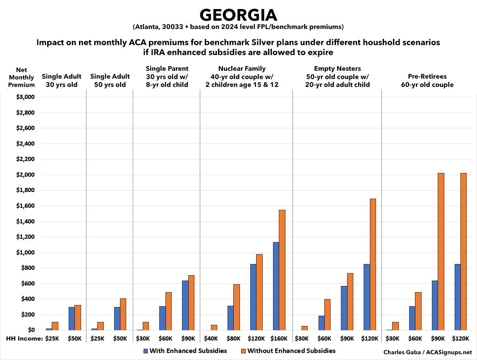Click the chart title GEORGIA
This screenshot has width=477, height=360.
(x=238, y=15)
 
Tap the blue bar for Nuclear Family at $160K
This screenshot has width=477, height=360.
(x=276, y=286)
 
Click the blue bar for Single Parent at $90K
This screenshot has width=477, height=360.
(x=185, y=305)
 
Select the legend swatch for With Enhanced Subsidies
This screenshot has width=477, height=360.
(x=145, y=351)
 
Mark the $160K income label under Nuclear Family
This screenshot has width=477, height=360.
(x=279, y=339)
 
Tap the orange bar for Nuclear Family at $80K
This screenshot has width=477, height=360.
(x=236, y=307)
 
